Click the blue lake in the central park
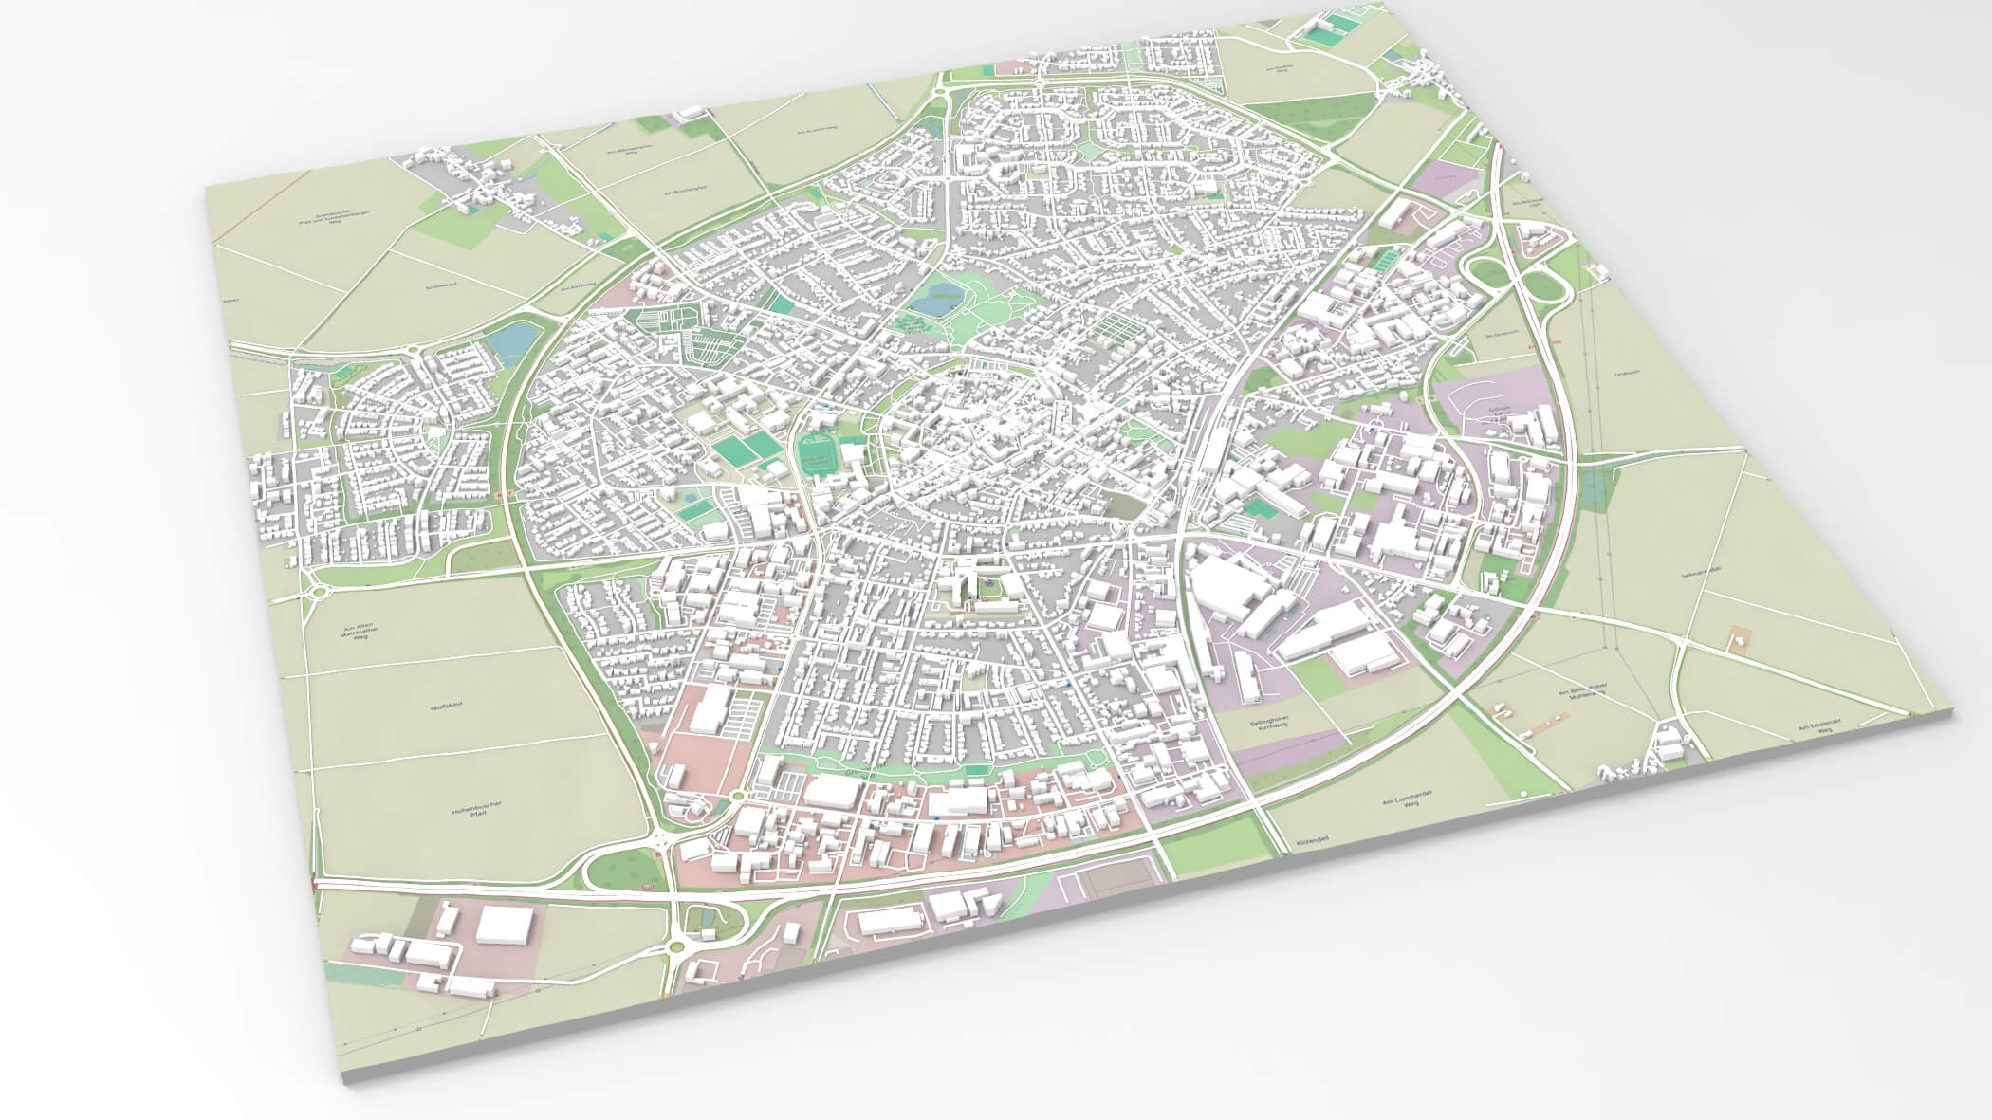[931, 302]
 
